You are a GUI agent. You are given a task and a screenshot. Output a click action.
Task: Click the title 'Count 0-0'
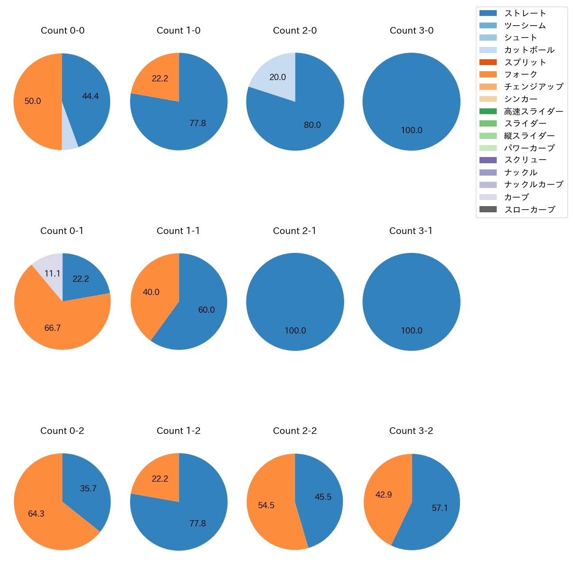pyautogui.click(x=62, y=31)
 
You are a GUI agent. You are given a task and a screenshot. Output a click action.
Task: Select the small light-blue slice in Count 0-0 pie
pyautogui.click(x=69, y=141)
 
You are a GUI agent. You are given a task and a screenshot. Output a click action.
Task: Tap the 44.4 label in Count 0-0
pyautogui.click(x=90, y=96)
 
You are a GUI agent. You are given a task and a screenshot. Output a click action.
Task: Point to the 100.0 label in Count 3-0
pyautogui.click(x=411, y=130)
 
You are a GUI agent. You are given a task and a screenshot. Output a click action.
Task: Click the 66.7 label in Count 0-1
pyautogui.click(x=52, y=328)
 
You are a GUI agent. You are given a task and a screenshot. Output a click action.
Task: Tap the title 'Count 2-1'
pyautogui.click(x=295, y=231)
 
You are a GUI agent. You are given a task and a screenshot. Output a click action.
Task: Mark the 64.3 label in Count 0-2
pyautogui.click(x=36, y=514)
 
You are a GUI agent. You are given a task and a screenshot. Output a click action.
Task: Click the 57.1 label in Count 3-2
pyautogui.click(x=440, y=508)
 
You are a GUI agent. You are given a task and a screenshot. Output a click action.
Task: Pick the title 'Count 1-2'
pyautogui.click(x=178, y=431)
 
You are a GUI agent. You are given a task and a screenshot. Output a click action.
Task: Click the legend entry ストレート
pyautogui.click(x=525, y=13)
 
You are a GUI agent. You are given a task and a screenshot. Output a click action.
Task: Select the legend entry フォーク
pyautogui.click(x=521, y=74)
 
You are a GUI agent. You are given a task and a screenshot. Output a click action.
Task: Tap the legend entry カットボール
pyautogui.click(x=529, y=50)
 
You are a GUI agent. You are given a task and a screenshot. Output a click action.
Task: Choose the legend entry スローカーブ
pyautogui.click(x=529, y=210)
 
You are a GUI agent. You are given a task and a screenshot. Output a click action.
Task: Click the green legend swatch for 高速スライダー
pyautogui.click(x=488, y=111)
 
